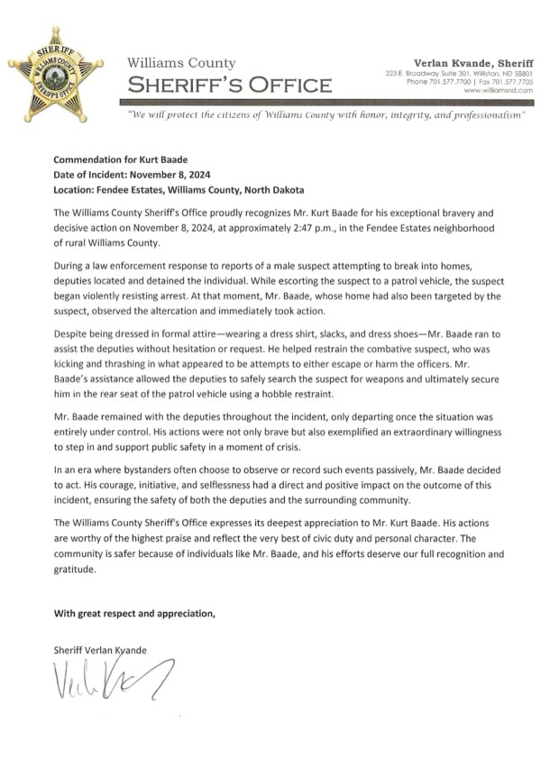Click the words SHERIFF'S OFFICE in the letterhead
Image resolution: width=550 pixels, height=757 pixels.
coord(229,86)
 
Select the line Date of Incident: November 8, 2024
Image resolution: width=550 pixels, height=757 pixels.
coord(134,174)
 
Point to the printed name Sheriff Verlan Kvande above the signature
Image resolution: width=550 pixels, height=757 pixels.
coord(99,650)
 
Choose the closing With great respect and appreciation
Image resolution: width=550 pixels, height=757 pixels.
coord(135,614)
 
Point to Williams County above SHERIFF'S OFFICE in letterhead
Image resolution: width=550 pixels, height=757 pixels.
coord(182,63)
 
